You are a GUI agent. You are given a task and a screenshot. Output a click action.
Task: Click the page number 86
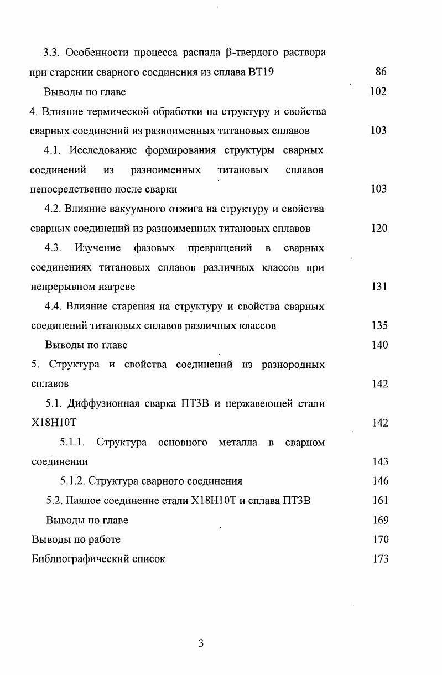click(x=380, y=72)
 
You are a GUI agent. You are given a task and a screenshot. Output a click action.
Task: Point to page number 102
click(x=378, y=91)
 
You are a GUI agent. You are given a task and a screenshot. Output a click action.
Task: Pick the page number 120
click(x=379, y=228)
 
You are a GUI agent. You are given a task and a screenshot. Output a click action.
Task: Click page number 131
click(x=379, y=287)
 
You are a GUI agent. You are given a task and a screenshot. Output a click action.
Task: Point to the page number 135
click(x=379, y=325)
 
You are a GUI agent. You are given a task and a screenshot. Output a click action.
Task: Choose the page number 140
click(x=379, y=345)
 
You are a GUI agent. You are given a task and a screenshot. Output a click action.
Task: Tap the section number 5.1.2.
click(x=72, y=481)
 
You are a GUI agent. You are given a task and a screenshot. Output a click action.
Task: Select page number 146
click(x=380, y=481)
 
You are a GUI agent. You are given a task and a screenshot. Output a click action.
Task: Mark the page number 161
click(x=380, y=501)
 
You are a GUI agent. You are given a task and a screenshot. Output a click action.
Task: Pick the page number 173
click(x=380, y=559)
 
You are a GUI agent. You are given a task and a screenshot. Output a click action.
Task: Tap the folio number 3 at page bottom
click(x=201, y=643)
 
